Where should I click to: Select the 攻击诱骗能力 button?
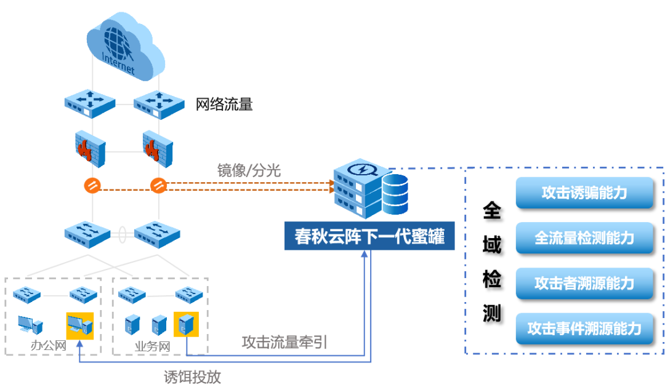(584, 193)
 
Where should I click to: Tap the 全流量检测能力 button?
(584, 238)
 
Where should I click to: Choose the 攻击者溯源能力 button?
(584, 283)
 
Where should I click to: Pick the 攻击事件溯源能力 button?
(584, 328)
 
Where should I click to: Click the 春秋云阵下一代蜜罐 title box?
(369, 236)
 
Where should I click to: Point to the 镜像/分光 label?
(249, 170)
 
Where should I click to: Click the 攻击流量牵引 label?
(284, 342)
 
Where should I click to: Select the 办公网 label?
(48, 346)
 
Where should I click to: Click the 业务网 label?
(151, 346)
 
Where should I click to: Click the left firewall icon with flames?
(90, 148)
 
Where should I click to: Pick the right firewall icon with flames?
(158, 148)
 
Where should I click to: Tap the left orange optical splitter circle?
(91, 185)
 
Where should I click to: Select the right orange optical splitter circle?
(159, 185)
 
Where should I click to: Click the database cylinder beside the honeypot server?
(395, 194)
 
